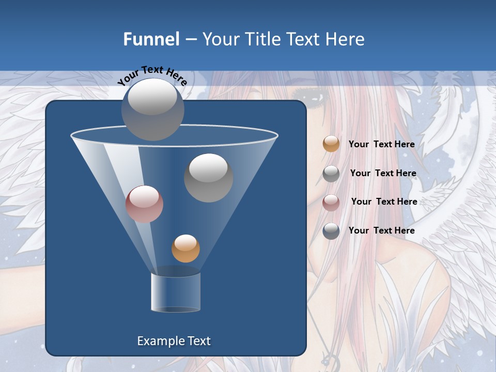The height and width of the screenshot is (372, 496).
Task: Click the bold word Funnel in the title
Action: [x=151, y=39]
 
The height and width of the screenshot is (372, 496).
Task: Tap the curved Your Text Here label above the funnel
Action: [x=152, y=74]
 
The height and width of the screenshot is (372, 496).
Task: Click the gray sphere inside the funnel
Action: [x=208, y=178]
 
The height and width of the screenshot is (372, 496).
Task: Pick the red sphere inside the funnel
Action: [x=144, y=204]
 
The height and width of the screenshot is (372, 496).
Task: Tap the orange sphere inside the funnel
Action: [x=185, y=249]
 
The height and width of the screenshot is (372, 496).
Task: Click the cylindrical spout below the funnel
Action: [x=176, y=292]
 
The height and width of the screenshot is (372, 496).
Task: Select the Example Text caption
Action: [x=174, y=341]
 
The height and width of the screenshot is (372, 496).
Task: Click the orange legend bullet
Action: [x=331, y=144]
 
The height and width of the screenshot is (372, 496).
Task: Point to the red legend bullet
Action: [x=331, y=202]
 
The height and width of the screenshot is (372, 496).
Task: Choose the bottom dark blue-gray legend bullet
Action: [x=331, y=231]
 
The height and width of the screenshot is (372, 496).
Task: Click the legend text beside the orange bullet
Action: [x=381, y=144]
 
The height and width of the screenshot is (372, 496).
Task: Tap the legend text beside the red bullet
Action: [x=384, y=202]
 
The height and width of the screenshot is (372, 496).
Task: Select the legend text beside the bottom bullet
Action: [x=381, y=230]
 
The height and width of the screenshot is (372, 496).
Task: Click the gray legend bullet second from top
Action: [x=331, y=174]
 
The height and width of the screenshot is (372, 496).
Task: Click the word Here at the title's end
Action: [x=346, y=39]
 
